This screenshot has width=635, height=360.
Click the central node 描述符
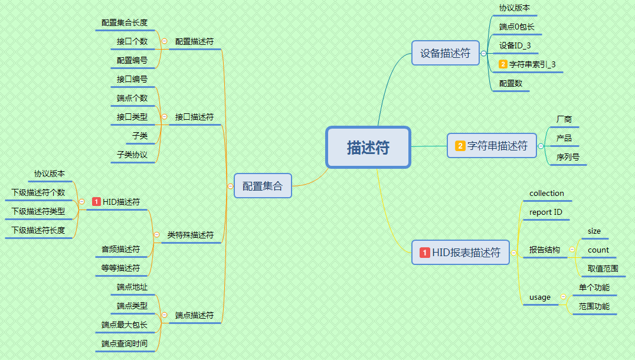(x=368, y=148)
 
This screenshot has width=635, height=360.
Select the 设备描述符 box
(x=446, y=53)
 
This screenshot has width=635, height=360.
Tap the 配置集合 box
(x=263, y=186)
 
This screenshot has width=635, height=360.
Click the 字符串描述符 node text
(x=497, y=146)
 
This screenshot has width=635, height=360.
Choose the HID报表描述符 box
(x=460, y=253)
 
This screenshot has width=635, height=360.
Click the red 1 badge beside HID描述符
(x=96, y=202)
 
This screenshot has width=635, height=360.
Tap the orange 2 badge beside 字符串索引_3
(x=503, y=64)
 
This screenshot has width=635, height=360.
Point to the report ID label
(x=546, y=212)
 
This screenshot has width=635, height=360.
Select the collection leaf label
(x=546, y=193)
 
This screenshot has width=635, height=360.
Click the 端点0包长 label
(x=517, y=27)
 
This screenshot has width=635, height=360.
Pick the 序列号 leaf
(x=568, y=157)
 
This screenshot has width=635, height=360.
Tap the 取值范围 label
(x=603, y=269)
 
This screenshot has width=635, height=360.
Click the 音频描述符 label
(x=120, y=249)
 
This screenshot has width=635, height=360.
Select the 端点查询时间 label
(x=124, y=343)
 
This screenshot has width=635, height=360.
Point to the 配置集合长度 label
(x=124, y=22)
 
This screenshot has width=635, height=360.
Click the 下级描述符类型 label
(x=38, y=211)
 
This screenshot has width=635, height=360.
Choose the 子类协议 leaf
(x=132, y=155)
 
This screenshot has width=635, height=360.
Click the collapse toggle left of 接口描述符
(x=164, y=117)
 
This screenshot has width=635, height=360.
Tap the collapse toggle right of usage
(x=562, y=297)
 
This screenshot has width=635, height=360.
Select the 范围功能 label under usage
(x=594, y=306)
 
